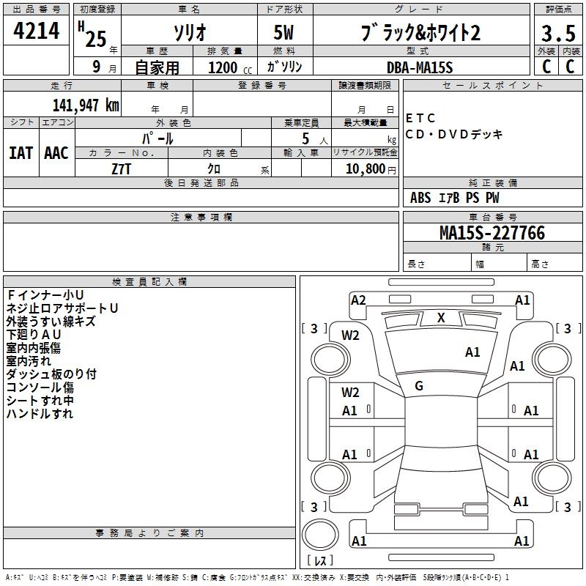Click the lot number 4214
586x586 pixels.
(37, 33)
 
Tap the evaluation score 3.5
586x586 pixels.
(557, 34)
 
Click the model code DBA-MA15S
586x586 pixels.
(420, 67)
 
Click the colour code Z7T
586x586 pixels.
(122, 168)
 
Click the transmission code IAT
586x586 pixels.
(21, 153)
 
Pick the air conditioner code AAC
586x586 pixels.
(56, 153)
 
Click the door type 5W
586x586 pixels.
(284, 34)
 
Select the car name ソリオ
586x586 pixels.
(188, 34)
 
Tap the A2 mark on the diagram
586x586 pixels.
(358, 300)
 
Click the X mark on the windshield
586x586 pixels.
(441, 317)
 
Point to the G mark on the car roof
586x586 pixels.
(419, 386)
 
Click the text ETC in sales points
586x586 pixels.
(420, 118)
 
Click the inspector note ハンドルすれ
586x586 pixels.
(40, 414)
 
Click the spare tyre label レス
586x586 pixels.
(322, 560)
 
